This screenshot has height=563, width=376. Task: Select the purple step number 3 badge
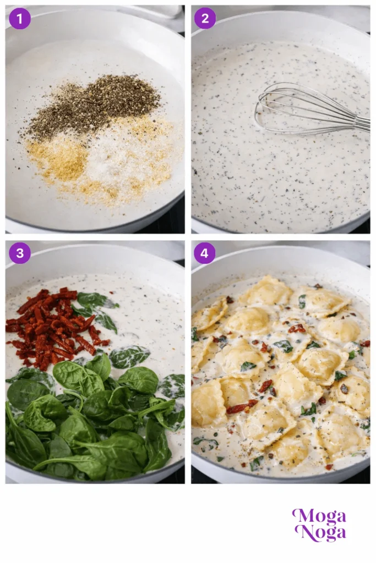click(x=20, y=253)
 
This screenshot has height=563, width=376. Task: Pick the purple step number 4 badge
click(x=205, y=253)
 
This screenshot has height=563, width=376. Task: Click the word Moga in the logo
click(x=319, y=517)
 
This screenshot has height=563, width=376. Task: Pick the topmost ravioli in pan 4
click(x=268, y=290)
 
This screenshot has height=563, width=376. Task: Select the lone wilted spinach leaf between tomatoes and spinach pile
click(x=129, y=356)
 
